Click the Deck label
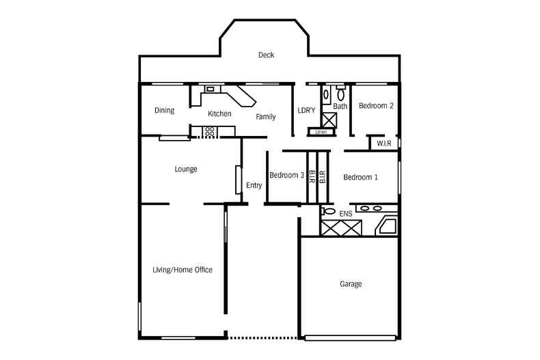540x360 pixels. pyautogui.click(x=266, y=55)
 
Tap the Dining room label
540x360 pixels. pyautogui.click(x=164, y=111)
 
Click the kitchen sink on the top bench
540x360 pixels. pyautogui.click(x=210, y=89)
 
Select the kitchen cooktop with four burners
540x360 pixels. pyautogui.click(x=210, y=130)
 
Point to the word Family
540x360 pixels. pyautogui.click(x=266, y=117)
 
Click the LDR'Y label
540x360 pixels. pyautogui.click(x=306, y=111)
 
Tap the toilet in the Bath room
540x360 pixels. pyautogui.click(x=340, y=94)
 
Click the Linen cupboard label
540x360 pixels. pyautogui.click(x=321, y=131)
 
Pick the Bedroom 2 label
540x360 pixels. pyautogui.click(x=376, y=106)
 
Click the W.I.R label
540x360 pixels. pyautogui.click(x=383, y=143)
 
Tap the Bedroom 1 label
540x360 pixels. pyautogui.click(x=360, y=178)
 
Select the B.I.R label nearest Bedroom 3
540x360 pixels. pyautogui.click(x=311, y=176)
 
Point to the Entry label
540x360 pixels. pyautogui.click(x=254, y=185)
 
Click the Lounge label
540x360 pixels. pyautogui.click(x=186, y=169)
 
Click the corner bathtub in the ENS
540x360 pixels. pyautogui.click(x=388, y=227)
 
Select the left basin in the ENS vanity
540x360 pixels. pyautogui.click(x=364, y=208)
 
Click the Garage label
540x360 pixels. pyautogui.click(x=351, y=284)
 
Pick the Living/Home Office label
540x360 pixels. pyautogui.click(x=182, y=270)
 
